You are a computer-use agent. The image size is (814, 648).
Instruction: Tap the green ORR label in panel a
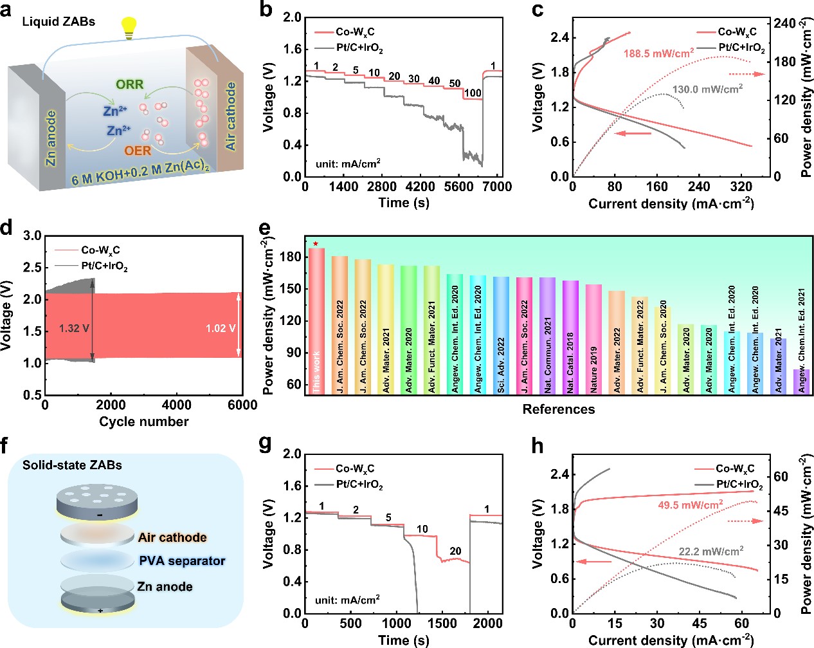click(130, 84)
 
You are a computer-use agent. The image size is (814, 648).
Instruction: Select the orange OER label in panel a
click(138, 151)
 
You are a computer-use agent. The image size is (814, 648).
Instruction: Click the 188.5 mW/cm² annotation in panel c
click(658, 53)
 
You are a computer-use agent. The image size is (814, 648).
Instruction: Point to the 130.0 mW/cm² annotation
click(707, 89)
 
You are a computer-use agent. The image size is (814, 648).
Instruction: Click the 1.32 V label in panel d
click(74, 329)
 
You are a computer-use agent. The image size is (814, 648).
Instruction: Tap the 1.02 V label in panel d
click(221, 329)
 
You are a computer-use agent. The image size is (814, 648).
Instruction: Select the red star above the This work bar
click(316, 244)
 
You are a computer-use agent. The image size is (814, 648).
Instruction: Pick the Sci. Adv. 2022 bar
click(501, 335)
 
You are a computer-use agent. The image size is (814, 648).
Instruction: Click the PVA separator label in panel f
click(182, 561)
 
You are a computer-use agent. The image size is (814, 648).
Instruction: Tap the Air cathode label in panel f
click(172, 537)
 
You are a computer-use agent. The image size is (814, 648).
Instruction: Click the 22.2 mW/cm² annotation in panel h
click(711, 551)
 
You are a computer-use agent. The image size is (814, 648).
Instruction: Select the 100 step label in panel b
click(473, 93)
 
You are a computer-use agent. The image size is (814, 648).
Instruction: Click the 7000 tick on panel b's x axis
click(498, 187)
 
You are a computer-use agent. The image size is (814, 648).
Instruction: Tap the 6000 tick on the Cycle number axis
click(242, 405)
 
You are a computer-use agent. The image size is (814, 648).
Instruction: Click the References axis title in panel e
click(558, 409)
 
